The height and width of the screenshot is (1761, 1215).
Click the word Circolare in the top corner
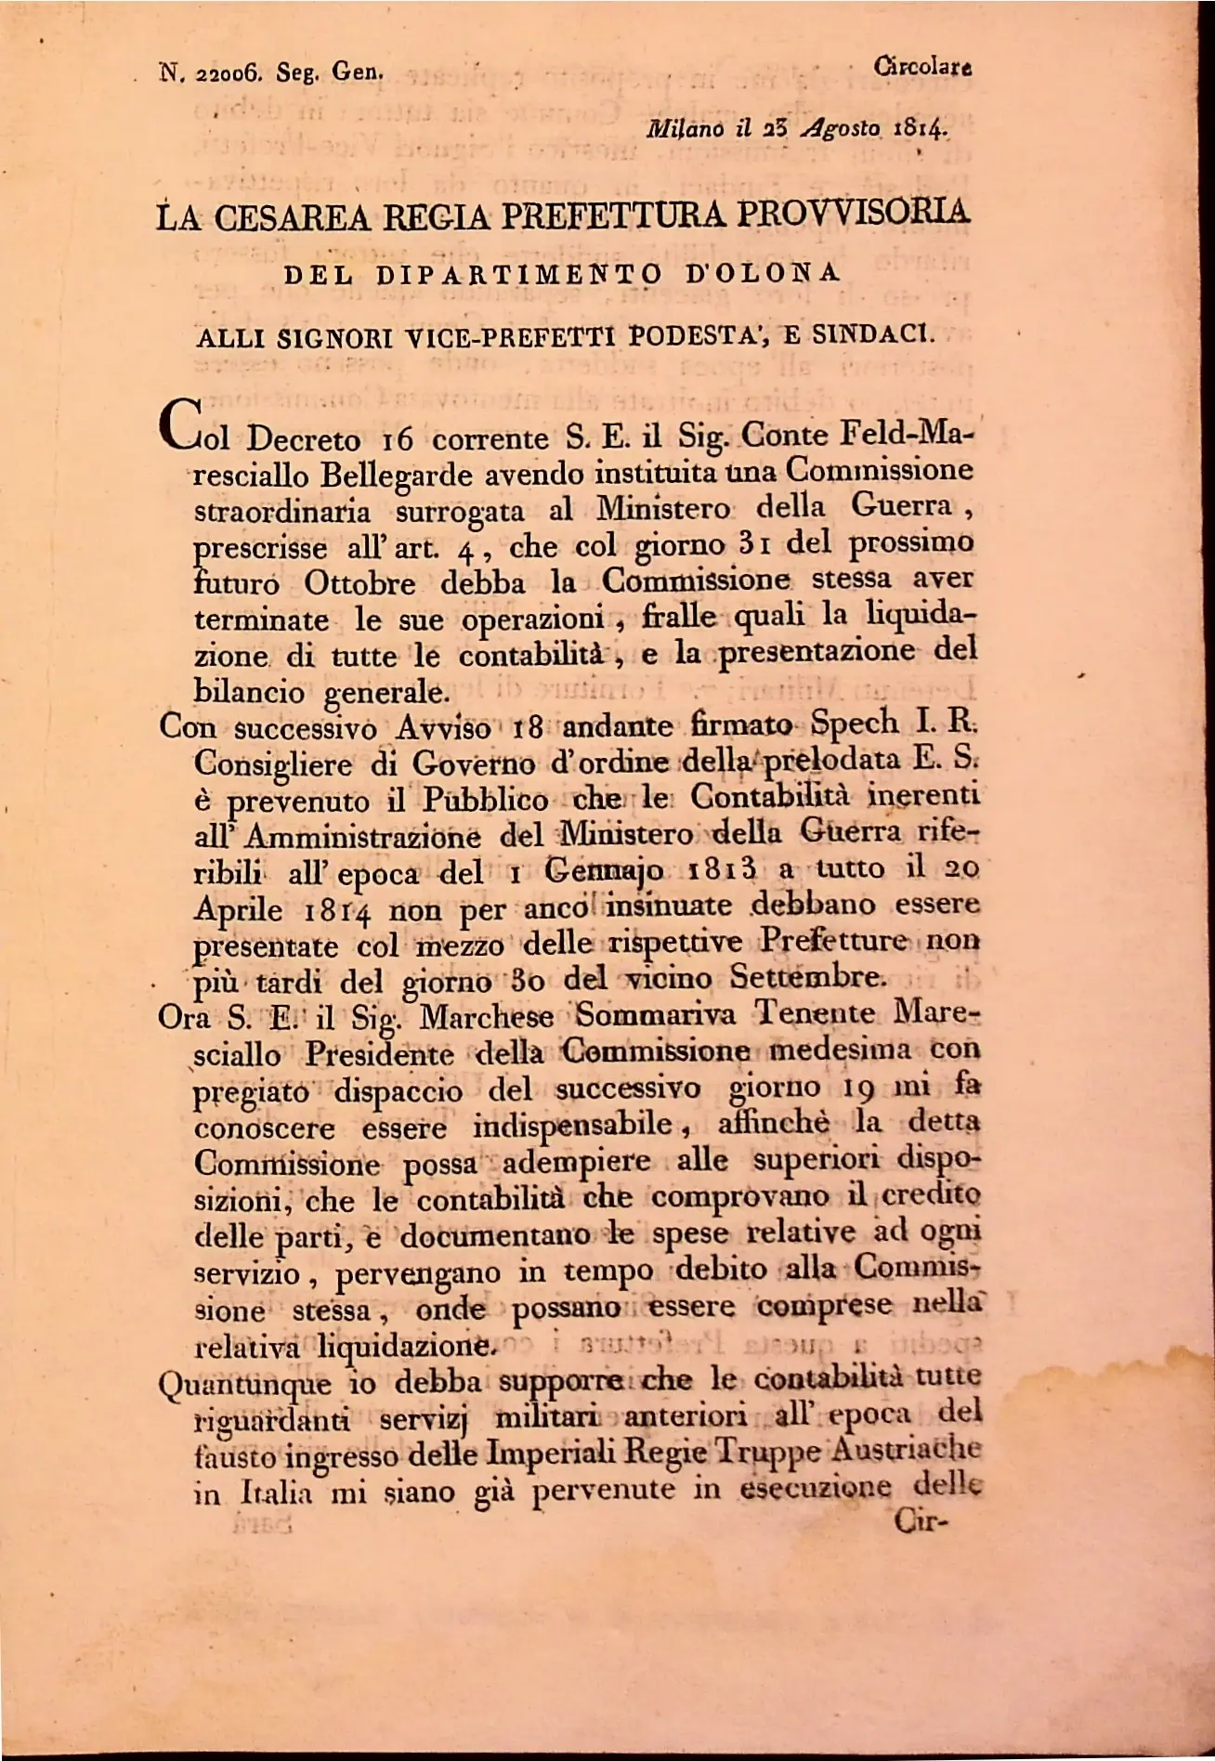(x=923, y=67)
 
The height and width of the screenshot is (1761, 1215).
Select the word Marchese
(x=486, y=1018)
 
